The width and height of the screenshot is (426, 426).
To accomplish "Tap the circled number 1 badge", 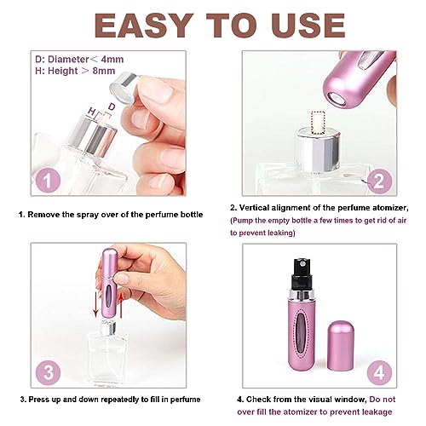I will click(49, 180).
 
